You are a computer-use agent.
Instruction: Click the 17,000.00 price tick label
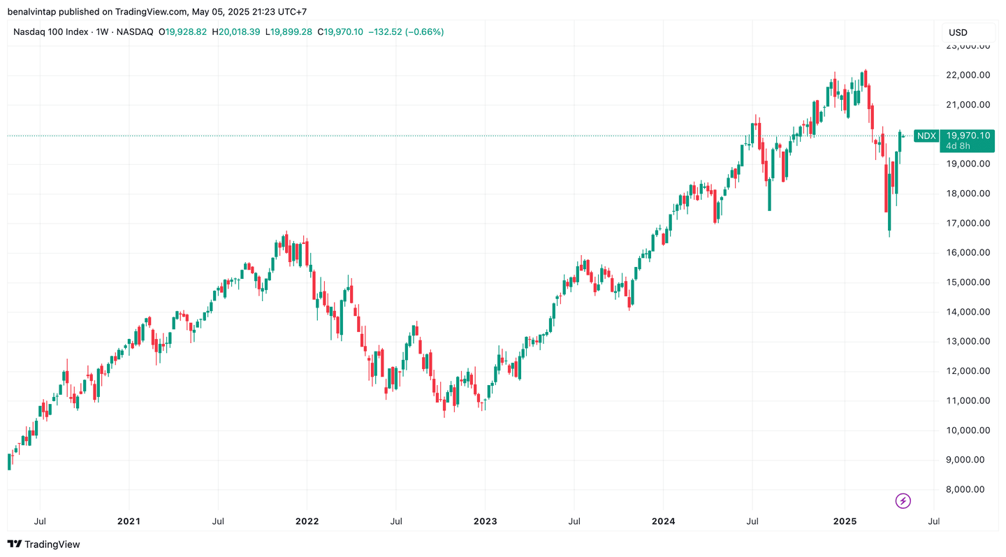(x=968, y=223)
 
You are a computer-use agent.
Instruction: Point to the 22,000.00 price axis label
(x=968, y=75)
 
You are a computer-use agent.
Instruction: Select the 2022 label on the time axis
(x=307, y=521)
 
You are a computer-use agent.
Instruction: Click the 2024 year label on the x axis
(x=663, y=521)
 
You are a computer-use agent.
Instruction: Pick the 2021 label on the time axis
(x=129, y=521)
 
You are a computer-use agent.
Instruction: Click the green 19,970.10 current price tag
(x=968, y=135)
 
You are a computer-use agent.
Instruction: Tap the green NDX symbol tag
(x=926, y=136)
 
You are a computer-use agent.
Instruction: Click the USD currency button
(x=958, y=32)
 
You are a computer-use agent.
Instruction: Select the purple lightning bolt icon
(x=903, y=500)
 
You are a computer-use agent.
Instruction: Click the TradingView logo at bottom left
(x=43, y=544)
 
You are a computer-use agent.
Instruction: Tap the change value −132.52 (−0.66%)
(x=405, y=32)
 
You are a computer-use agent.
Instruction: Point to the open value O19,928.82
(x=183, y=32)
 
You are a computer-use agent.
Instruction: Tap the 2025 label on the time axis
(x=845, y=521)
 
